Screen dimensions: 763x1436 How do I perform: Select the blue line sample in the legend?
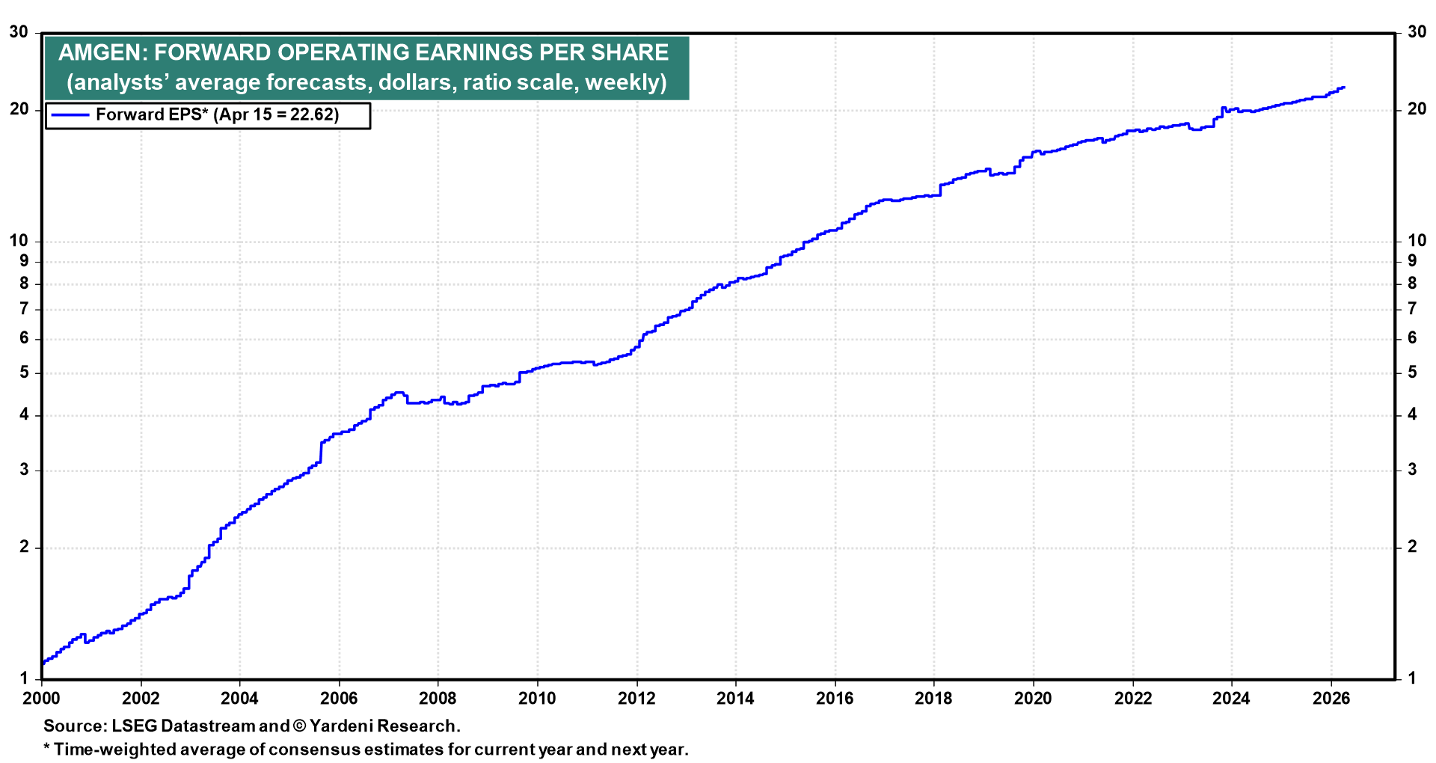point(70,115)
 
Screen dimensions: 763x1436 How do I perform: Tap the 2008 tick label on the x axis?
point(438,699)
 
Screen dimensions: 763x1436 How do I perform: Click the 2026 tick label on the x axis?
point(1331,699)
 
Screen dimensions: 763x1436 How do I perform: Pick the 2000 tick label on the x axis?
point(41,699)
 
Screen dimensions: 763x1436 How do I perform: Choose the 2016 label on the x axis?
point(835,699)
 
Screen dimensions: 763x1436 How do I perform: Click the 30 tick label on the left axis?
point(19,32)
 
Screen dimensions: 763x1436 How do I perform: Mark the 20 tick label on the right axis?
point(1417,109)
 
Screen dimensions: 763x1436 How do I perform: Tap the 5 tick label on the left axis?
point(24,373)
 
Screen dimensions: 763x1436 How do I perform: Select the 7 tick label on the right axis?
point(1412,309)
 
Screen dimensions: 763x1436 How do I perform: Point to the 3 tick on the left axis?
point(24,470)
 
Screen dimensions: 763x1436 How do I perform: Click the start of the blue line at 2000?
point(43,663)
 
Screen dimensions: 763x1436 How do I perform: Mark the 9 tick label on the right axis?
point(1412,260)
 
